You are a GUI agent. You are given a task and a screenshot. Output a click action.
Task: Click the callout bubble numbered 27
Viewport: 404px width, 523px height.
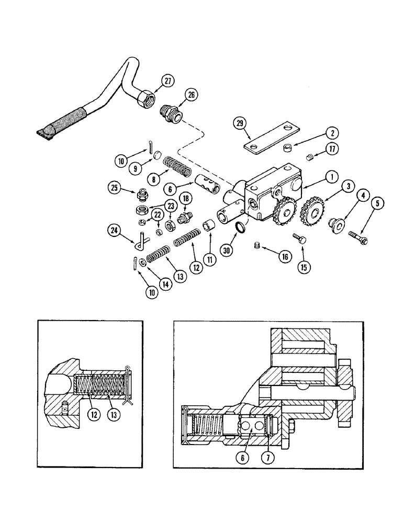[167, 81]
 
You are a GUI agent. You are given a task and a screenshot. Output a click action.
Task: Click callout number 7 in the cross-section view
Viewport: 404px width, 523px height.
[268, 457]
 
